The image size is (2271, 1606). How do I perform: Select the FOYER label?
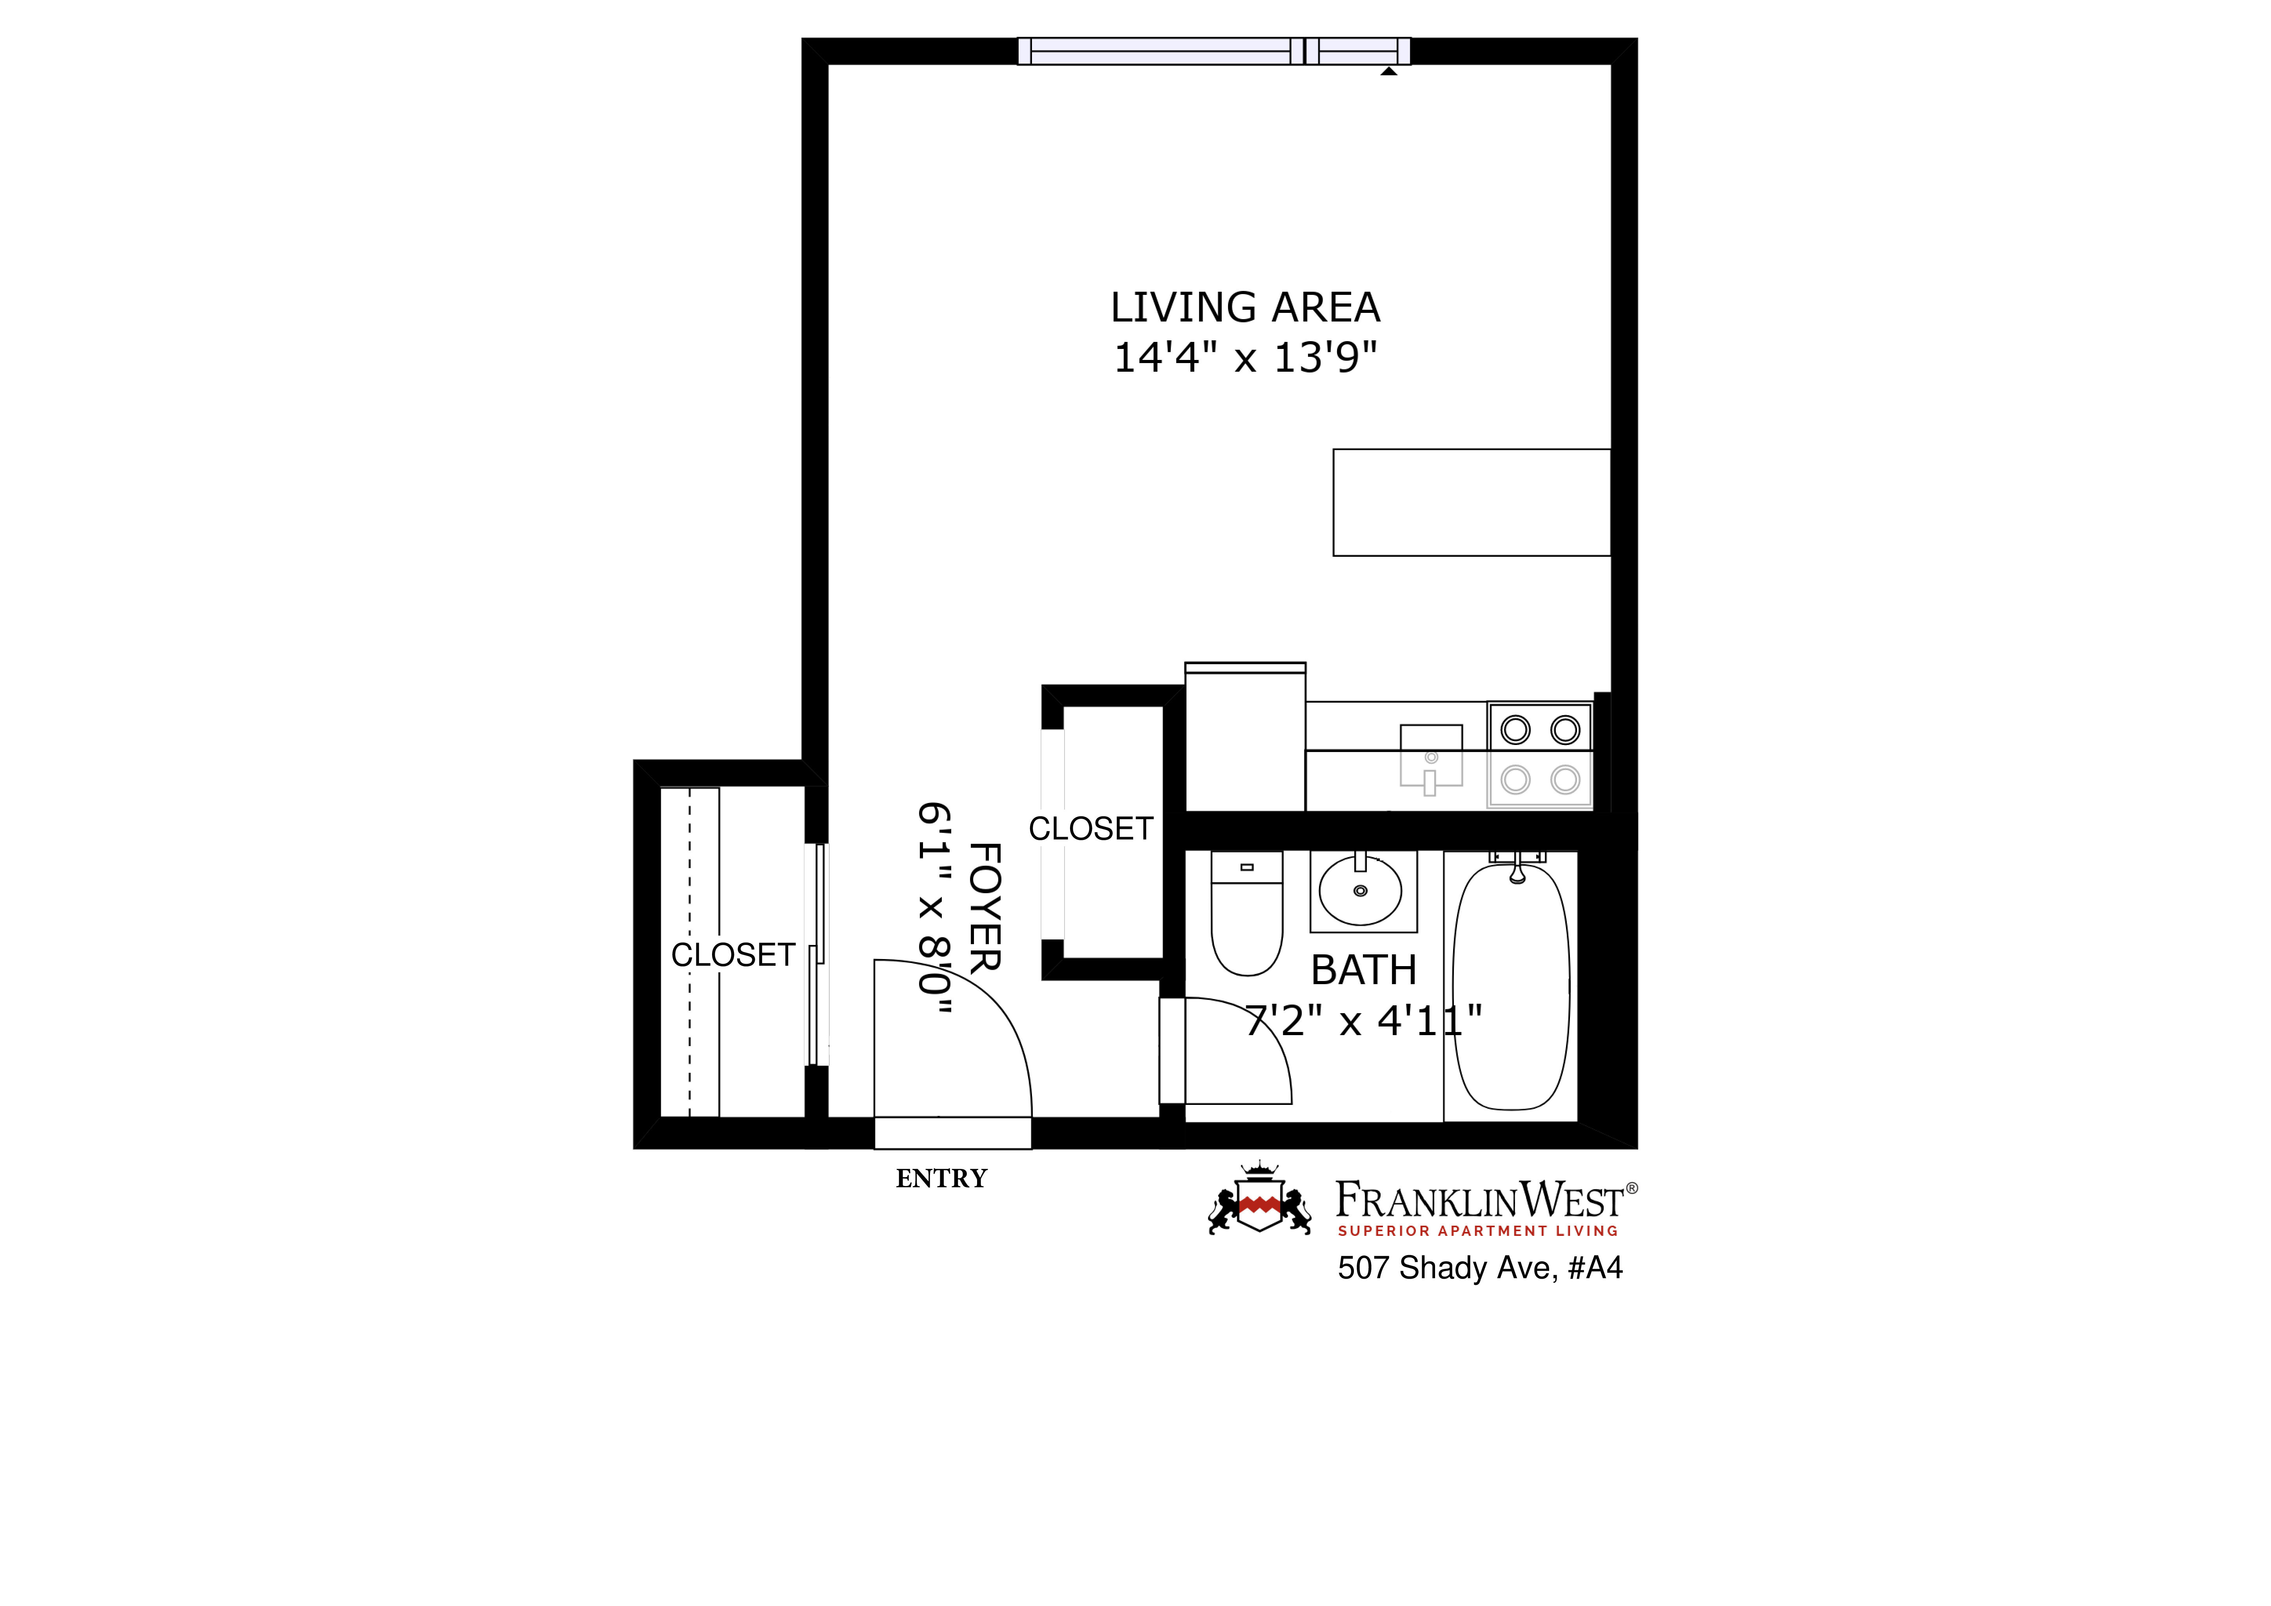pos(985,908)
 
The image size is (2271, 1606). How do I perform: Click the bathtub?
pos(1510,987)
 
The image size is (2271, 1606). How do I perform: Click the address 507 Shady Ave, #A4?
pos(1480,1268)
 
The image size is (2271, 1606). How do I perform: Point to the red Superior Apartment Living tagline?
pos(1478,1231)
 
